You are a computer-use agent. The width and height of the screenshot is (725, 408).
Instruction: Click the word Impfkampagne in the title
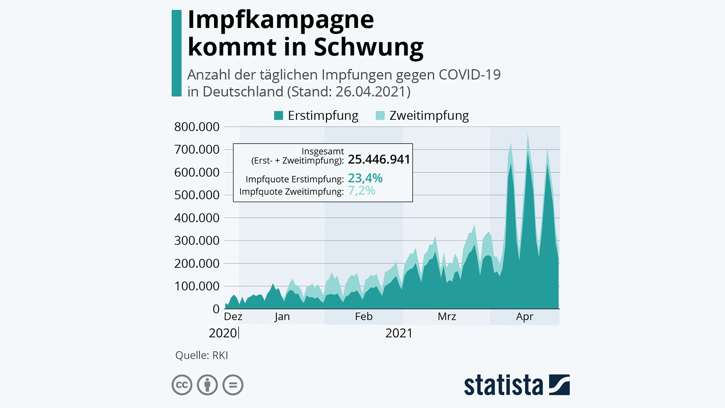coord(281,20)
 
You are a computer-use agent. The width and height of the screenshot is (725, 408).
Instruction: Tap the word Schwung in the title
coord(369,47)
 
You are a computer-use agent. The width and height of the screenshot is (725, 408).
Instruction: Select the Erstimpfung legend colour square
coord(279,116)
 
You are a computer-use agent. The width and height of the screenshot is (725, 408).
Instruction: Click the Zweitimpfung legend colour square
coord(380,116)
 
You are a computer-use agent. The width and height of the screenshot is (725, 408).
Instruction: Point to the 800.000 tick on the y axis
coord(197,127)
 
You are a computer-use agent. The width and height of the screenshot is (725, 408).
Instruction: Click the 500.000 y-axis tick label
coord(197,195)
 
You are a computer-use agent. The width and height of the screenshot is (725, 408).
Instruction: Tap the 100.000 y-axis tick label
coord(197,286)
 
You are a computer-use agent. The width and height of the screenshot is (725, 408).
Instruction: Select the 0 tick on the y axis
coord(216,309)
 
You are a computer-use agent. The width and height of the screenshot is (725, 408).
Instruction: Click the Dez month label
coord(233,317)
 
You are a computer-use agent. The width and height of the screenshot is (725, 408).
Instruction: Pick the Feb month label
coord(364,317)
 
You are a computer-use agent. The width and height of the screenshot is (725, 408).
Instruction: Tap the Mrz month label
coord(447,317)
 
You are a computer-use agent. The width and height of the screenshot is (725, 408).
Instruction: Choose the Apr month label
coord(524,317)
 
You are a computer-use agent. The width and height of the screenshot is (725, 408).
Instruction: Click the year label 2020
coord(223,333)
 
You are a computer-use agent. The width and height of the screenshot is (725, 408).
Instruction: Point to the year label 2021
coord(399,333)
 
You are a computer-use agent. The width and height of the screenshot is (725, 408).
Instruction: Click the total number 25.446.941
coord(379,159)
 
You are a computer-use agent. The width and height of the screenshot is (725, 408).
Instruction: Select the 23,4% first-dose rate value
coord(365,178)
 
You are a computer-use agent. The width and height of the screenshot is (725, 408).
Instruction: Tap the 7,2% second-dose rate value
coord(361,191)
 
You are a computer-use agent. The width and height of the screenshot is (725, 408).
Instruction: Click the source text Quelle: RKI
coord(202,355)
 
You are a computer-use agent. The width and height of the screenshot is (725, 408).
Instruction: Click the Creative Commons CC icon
coord(182,385)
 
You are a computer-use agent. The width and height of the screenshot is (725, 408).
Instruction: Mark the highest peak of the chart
coord(528,134)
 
